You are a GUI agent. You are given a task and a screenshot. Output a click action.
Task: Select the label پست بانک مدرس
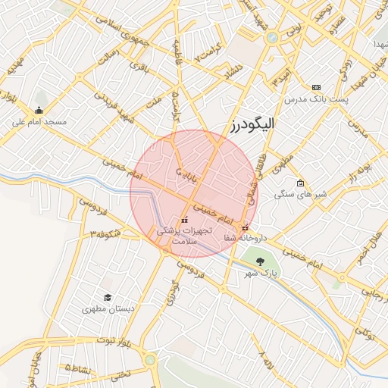(315, 99)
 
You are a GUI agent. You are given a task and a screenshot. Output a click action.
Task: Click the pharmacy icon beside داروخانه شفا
(244, 228)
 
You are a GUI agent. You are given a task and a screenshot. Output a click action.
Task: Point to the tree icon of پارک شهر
(260, 260)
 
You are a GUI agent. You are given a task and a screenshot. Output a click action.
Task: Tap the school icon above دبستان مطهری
(108, 298)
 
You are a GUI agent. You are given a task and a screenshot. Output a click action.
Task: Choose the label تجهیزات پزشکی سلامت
(185, 233)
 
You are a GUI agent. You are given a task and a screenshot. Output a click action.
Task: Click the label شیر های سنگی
(301, 195)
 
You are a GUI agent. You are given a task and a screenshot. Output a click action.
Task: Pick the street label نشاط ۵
(78, 368)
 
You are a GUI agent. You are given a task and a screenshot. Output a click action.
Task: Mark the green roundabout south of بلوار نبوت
(150, 360)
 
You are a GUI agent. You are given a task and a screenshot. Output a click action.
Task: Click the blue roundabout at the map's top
(271, 36)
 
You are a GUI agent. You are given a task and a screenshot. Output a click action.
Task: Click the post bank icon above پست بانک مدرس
(316, 87)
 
